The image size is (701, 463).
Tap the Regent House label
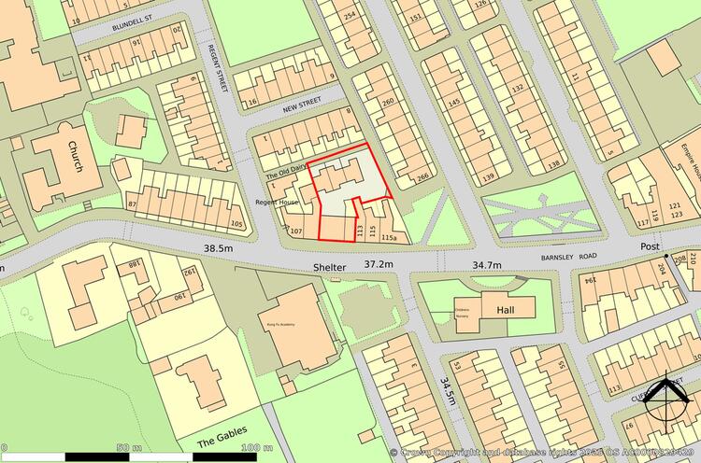pyautogui.click(x=276, y=201)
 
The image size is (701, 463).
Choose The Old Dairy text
pyautogui.click(x=287, y=169)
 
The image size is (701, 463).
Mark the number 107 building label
pyautogui.click(x=297, y=229)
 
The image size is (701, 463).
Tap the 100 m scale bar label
pyautogui.click(x=249, y=448)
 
